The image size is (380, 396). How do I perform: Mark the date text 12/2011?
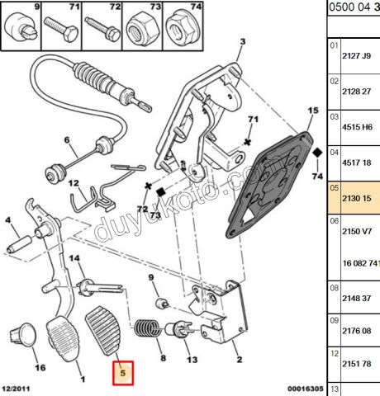17,389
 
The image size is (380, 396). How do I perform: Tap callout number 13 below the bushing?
192,360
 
